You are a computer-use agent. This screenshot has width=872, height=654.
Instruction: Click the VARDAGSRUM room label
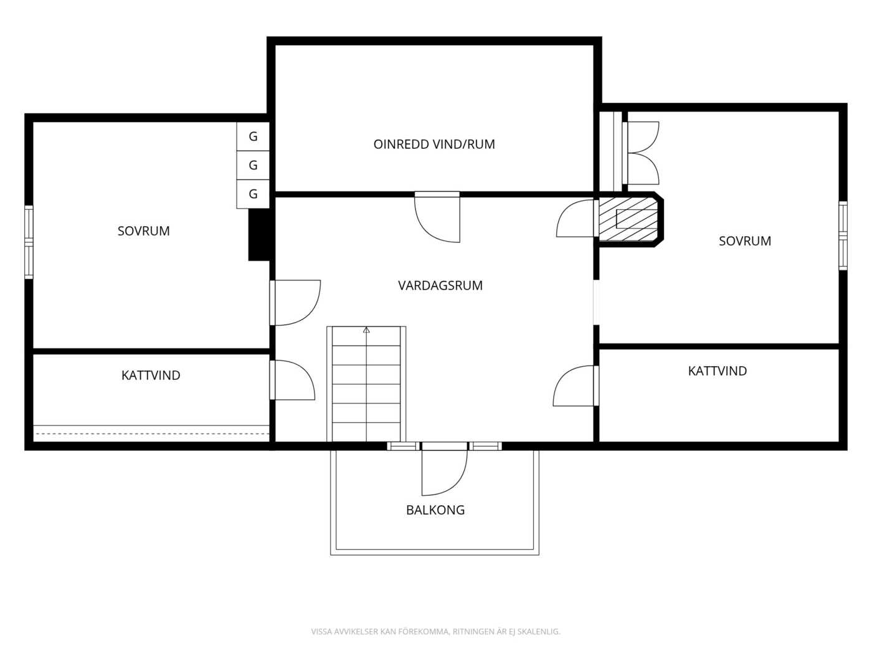(x=440, y=285)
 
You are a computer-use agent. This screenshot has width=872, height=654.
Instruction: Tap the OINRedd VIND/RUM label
(x=434, y=144)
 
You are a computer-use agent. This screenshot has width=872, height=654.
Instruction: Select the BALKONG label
(x=435, y=509)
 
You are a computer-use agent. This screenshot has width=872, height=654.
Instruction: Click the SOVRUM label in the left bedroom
(x=144, y=230)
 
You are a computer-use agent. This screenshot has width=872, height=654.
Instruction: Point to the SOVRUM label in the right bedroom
(x=745, y=240)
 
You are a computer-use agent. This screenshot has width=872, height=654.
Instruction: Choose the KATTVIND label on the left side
(x=151, y=375)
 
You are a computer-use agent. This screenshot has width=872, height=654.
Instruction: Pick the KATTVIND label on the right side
(x=718, y=371)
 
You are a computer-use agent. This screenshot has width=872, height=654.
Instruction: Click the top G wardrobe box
(x=253, y=136)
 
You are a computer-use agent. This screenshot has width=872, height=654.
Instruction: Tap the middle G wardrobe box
(x=253, y=165)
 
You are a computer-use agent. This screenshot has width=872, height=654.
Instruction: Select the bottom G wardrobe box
(x=253, y=194)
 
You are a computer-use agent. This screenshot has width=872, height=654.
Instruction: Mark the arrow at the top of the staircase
(x=366, y=330)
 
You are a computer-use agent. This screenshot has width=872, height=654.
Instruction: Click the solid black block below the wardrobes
(x=259, y=234)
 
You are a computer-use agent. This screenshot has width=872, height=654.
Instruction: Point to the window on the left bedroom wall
(x=29, y=242)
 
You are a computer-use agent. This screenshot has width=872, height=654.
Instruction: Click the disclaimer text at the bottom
(x=435, y=631)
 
